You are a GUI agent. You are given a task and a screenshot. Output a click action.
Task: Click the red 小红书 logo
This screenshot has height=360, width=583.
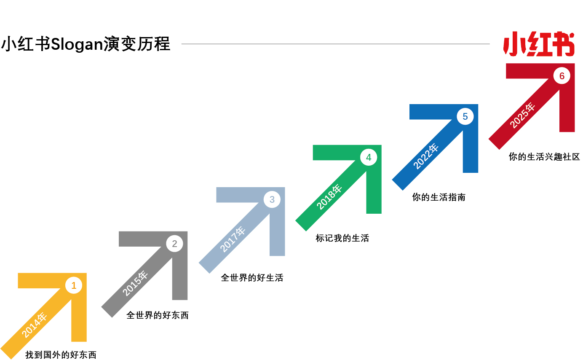[539, 44]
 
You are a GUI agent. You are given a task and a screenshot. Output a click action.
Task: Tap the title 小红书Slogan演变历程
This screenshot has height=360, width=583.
[86, 44]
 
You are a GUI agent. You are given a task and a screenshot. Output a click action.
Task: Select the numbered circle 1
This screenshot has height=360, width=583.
[74, 285]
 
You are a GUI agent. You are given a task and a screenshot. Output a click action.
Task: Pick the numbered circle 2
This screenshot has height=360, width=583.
[175, 244]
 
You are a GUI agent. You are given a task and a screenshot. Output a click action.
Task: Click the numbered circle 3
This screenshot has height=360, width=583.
[272, 199]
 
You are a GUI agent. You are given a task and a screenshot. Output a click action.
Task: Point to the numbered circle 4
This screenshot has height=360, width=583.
[369, 157]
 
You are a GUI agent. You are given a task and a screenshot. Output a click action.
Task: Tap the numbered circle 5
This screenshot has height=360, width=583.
[465, 116]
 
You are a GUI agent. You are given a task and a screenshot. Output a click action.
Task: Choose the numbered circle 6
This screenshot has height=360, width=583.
[562, 76]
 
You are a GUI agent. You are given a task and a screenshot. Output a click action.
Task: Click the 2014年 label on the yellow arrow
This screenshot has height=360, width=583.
[34, 325]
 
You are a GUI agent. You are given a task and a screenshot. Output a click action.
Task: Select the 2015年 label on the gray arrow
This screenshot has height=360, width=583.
[135, 283]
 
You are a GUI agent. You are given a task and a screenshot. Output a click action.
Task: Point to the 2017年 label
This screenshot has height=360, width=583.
[233, 239]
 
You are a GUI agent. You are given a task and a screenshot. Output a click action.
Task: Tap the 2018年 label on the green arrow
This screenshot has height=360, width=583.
[329, 197]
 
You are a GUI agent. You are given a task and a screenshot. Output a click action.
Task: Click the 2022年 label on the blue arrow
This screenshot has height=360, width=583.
[426, 156]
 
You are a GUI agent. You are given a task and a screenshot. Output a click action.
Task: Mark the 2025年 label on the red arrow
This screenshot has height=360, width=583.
[522, 116]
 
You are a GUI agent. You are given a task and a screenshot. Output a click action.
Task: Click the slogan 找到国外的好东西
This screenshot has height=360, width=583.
[61, 355]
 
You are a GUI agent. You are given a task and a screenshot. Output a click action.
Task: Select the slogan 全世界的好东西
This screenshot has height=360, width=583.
[158, 315]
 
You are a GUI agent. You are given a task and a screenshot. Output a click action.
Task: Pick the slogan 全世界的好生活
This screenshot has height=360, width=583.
[252, 278]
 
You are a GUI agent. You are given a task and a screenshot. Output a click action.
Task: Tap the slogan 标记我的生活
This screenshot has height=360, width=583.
[342, 238]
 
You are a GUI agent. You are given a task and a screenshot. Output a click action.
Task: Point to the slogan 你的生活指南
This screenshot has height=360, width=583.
[439, 197]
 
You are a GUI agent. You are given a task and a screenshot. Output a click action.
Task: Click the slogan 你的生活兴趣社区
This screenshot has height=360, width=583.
[544, 156]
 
